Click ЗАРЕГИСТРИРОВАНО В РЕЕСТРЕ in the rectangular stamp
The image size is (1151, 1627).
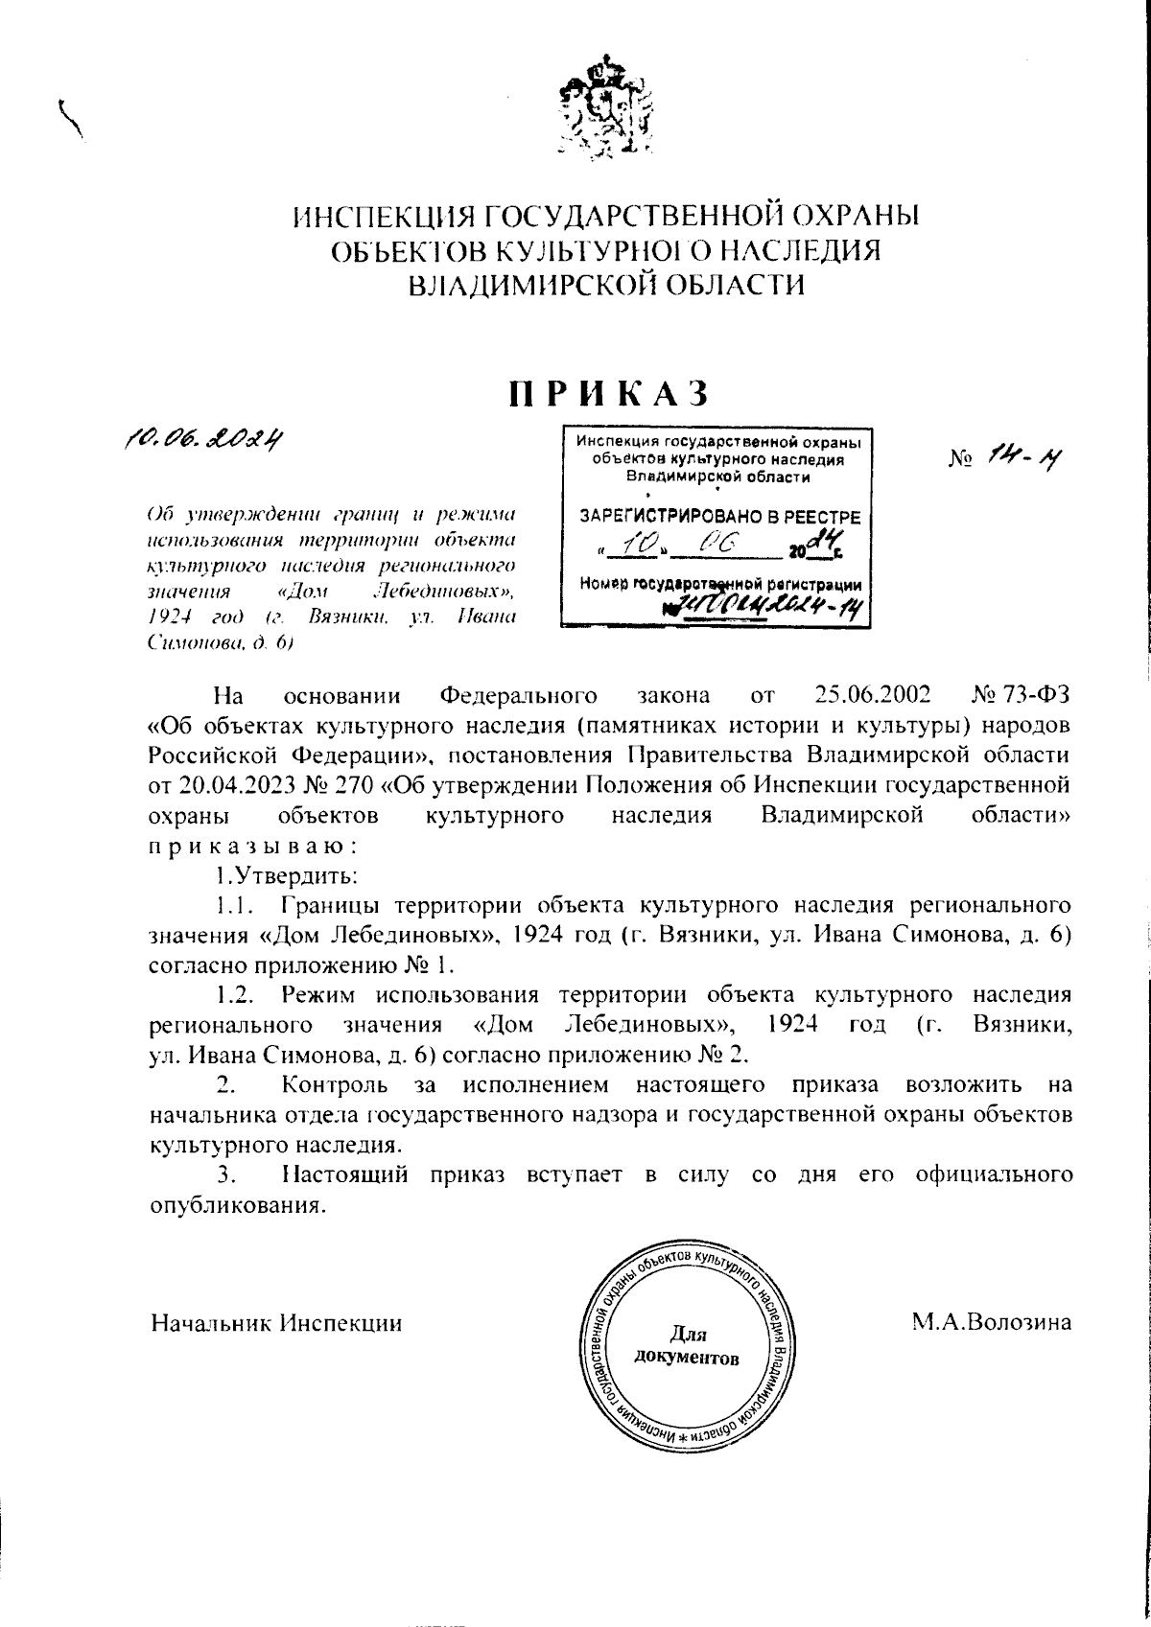719,517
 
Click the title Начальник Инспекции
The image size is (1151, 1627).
276,1323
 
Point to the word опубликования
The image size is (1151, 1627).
234,1204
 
